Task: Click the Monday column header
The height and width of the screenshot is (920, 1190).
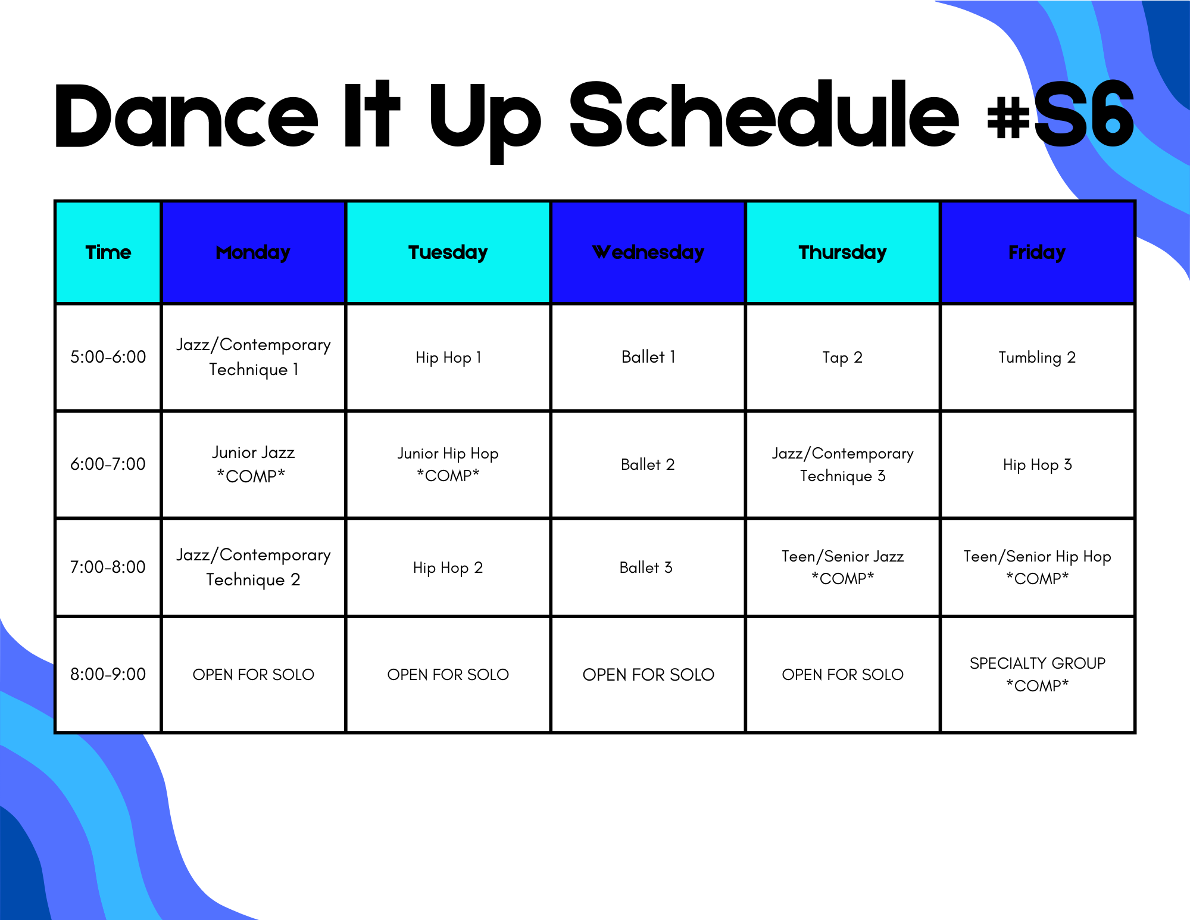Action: point(253,252)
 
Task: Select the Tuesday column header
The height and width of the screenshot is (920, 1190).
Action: point(448,252)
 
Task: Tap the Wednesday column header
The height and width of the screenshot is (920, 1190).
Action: point(648,252)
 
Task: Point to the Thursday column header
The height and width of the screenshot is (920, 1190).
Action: point(842,252)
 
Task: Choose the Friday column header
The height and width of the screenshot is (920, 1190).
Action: point(1037,252)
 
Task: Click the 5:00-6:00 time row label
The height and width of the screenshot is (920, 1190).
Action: point(108,357)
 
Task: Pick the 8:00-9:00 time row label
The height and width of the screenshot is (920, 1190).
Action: point(108,674)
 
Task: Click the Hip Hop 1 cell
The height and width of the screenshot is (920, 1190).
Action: point(448,357)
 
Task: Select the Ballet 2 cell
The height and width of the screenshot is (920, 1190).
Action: point(648,464)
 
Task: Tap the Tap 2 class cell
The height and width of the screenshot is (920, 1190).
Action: point(842,357)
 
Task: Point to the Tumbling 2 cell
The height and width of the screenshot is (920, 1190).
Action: point(1037,357)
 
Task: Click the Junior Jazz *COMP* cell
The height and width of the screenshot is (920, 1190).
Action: point(253,464)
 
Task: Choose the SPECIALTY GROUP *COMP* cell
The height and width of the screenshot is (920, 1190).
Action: point(1037,674)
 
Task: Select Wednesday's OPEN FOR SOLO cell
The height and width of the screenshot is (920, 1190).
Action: point(648,674)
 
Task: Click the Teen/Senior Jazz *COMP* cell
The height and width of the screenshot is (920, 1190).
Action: point(842,567)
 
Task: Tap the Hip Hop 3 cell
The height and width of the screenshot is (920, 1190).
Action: point(1037,464)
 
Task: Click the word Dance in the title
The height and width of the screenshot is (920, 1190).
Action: point(186,114)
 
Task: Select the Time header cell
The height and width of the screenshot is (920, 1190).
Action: point(108,252)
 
